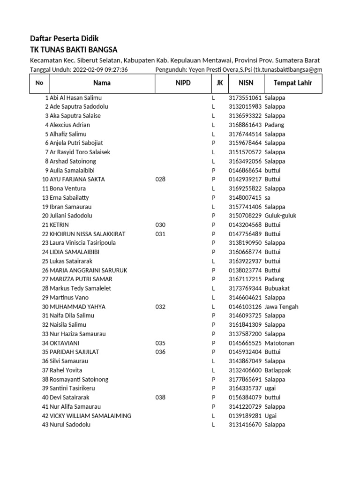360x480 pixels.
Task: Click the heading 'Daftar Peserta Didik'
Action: point(64,38)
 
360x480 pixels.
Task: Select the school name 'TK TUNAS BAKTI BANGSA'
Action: point(74,50)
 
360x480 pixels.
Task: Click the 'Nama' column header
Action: point(102,83)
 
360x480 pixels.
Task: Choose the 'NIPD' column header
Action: point(182,83)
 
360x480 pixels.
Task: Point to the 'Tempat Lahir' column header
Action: point(293,83)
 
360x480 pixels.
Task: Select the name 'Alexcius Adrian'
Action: point(70,125)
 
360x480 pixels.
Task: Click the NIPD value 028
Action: point(160,180)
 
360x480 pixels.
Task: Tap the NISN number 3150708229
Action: point(245,216)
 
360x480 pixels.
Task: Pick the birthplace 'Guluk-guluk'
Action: point(280,216)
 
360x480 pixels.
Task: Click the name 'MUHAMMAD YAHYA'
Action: point(77,307)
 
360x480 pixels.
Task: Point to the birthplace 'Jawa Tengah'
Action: point(281,307)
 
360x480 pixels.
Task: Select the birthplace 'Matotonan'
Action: point(279,343)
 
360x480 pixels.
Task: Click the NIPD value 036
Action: point(160,352)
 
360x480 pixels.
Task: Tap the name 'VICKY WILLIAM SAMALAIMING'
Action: point(90,416)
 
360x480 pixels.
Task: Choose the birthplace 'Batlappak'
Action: point(278,370)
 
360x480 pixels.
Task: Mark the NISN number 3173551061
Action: point(245,98)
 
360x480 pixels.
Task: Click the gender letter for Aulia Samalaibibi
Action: point(213,171)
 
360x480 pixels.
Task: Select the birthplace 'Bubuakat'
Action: point(278,289)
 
